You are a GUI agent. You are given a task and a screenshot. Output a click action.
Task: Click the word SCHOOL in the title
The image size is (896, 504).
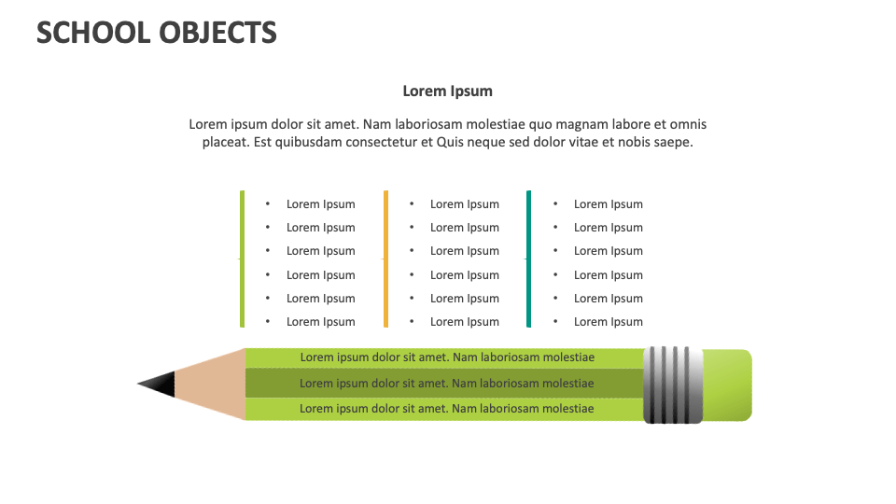click(x=91, y=33)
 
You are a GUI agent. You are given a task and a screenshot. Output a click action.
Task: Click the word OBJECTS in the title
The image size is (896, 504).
click(x=217, y=33)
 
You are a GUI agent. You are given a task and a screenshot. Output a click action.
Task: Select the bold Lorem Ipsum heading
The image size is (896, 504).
click(x=447, y=91)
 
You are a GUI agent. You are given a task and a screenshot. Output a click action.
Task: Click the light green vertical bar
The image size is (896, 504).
click(x=243, y=259)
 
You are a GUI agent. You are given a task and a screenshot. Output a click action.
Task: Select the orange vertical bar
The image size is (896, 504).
click(x=385, y=259)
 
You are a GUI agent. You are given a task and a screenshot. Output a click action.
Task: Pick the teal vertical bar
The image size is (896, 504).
click(x=529, y=259)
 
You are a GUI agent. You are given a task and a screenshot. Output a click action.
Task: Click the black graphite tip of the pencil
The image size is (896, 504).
click(x=159, y=384)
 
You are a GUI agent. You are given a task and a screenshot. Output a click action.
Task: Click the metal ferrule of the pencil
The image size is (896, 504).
click(x=673, y=385)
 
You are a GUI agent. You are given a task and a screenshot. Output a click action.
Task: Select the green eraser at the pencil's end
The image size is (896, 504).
click(x=726, y=385)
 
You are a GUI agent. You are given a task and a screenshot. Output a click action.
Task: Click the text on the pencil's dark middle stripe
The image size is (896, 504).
click(x=446, y=384)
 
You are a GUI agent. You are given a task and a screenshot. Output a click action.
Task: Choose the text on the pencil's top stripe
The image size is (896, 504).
click(x=446, y=357)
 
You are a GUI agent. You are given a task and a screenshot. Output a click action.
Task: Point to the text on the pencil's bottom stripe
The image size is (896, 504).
click(x=446, y=409)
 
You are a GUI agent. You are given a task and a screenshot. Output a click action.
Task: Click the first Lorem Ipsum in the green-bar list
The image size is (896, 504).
click(x=320, y=204)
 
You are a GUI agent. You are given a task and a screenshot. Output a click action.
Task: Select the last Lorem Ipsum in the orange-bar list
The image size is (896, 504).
click(x=464, y=322)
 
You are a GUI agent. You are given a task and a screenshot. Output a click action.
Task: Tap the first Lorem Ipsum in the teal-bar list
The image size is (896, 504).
click(x=608, y=204)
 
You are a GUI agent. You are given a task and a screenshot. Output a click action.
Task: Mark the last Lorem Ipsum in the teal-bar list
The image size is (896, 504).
click(x=608, y=322)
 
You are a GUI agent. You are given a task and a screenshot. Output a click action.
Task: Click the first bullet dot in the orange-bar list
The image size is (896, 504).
click(x=412, y=203)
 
